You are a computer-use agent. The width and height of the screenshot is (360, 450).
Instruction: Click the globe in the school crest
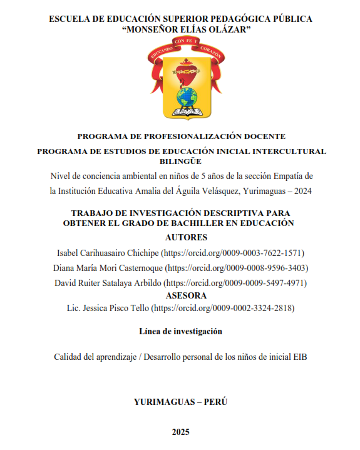coord(185,97)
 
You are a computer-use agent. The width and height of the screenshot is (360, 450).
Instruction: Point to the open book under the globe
coord(185,113)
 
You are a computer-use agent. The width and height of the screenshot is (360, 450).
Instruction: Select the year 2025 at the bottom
coord(180,431)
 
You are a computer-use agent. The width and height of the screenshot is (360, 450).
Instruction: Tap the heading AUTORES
coord(185,238)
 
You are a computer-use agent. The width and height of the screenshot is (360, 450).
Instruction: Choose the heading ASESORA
coord(185,295)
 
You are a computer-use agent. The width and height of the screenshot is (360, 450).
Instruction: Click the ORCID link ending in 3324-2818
coord(224,308)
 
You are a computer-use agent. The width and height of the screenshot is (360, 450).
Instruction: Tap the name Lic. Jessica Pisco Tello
coord(108,308)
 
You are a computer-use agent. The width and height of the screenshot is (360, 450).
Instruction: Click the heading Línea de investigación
coord(180,331)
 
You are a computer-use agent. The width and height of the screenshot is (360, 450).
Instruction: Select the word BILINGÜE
coord(180,161)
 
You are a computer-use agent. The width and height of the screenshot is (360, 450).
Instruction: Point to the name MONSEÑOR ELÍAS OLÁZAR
coord(180,31)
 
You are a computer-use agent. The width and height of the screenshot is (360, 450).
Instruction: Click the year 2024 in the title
coord(301,190)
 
